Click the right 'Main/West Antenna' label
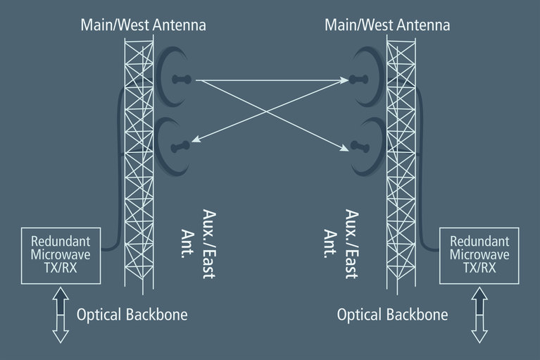(x=387, y=26)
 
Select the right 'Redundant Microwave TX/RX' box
(x=479, y=254)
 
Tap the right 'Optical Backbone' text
(x=392, y=314)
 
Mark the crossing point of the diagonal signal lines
(x=270, y=113)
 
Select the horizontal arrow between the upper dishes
(x=271, y=80)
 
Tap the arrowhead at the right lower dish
(x=346, y=147)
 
